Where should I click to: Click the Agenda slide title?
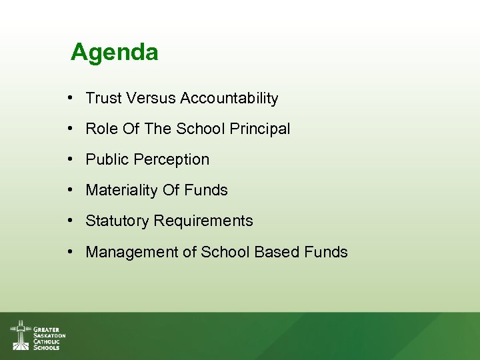114,52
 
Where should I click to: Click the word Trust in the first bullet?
103,99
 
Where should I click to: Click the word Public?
107,160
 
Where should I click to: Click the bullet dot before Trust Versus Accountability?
70,99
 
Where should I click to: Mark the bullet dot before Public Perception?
70,160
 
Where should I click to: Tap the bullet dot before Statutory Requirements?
70,221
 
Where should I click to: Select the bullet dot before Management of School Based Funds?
70,252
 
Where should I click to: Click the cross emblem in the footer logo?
21,335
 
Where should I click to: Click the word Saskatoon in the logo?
49,335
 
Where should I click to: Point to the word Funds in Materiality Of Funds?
207,191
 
